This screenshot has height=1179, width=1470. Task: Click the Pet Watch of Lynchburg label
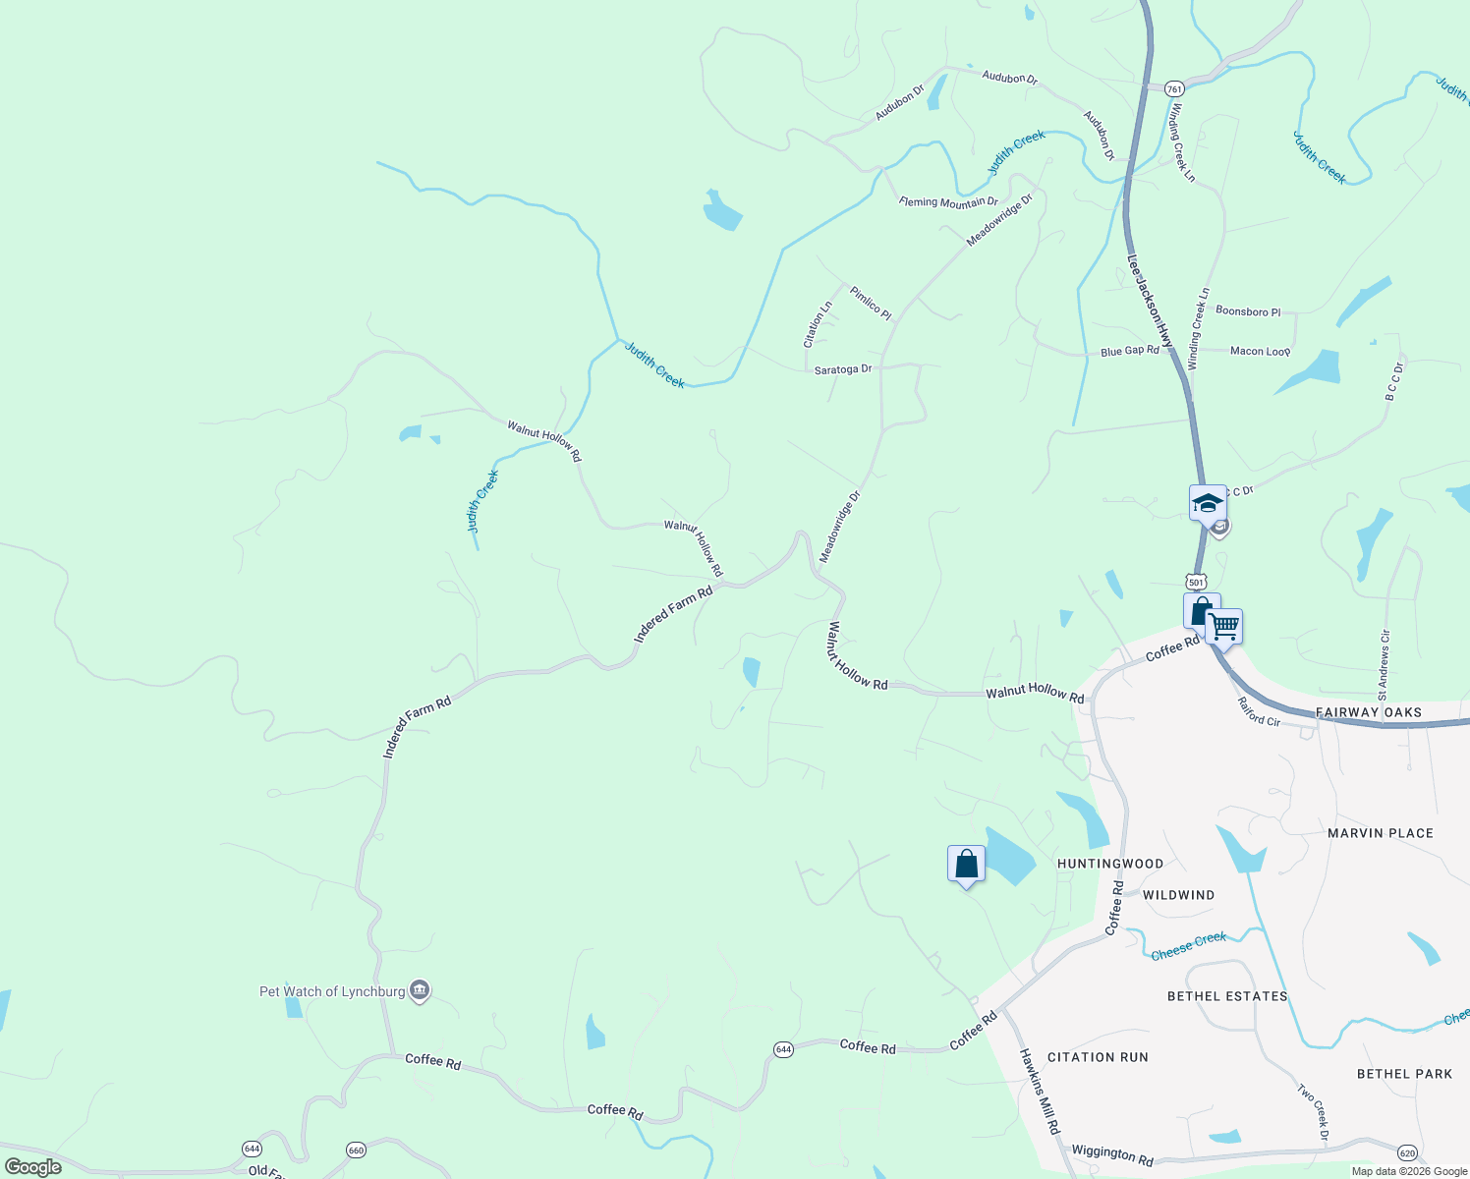pos(332,991)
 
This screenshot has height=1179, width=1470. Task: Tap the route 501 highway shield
pos(1195,582)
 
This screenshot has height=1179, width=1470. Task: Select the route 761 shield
pos(1173,88)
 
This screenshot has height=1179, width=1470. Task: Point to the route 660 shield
pos(356,1150)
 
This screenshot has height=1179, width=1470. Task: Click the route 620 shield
pos(1407,1151)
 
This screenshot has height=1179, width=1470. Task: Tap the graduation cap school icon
pos(1207,504)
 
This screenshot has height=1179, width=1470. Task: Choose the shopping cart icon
pos(1224,626)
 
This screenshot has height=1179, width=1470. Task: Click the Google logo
pos(32,1167)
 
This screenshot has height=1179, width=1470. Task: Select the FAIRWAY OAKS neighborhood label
pos(1369,712)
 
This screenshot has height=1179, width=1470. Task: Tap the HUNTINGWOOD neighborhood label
pos(1110,864)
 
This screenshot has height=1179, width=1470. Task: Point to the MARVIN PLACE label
pos(1381,833)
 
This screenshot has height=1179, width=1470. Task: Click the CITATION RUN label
pos(1098,1057)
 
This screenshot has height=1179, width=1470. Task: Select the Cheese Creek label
pos(1189,945)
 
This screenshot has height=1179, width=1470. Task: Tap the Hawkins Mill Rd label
pos(1040,1092)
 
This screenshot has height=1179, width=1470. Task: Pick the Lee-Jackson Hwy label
pos(1150,303)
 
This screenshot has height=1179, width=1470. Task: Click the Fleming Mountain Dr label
pos(948,202)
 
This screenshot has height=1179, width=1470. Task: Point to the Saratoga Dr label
pos(843,369)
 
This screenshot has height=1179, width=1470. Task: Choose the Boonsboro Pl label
pos(1248,311)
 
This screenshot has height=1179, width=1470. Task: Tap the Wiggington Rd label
pos(1112,1154)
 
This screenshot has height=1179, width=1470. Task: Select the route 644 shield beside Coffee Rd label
pos(783,1049)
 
